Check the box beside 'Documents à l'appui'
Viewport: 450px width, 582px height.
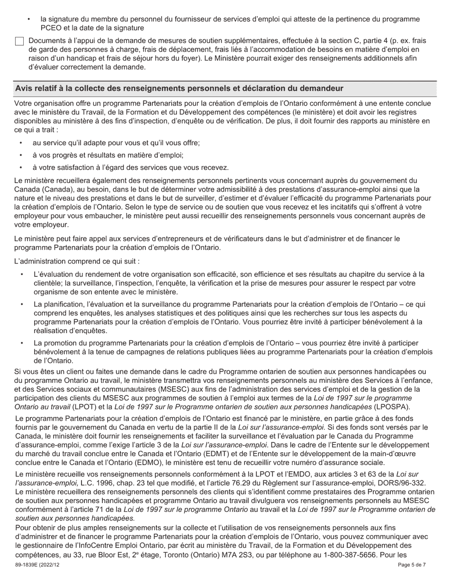(19, 42)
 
